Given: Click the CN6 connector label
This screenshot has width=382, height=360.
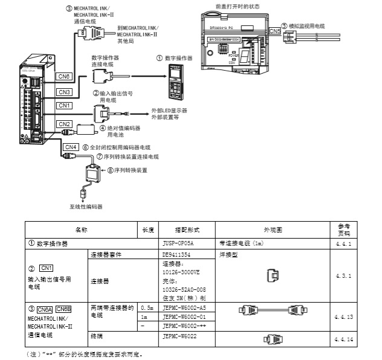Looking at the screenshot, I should pos(65,77).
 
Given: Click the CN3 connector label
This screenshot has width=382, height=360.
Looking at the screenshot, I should pos(65,92).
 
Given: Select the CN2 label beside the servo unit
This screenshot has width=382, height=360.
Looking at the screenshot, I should pos(65,124).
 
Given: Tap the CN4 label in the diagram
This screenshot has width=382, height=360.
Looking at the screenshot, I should pos(71,147).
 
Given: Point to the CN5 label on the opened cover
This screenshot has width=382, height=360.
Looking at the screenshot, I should pos(274,30).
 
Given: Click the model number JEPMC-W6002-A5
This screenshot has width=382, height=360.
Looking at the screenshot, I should pos(182,307).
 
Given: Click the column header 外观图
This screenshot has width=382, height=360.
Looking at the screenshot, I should pos(273,230).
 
